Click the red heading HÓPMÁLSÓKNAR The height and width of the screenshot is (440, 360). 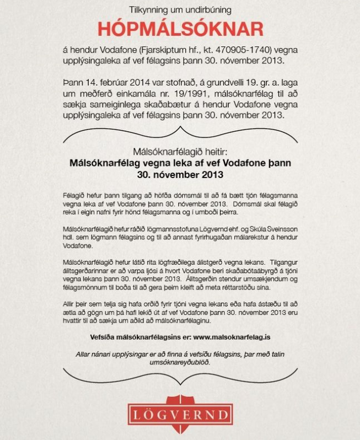coord(180,29)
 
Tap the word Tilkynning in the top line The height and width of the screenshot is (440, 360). coord(147,10)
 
